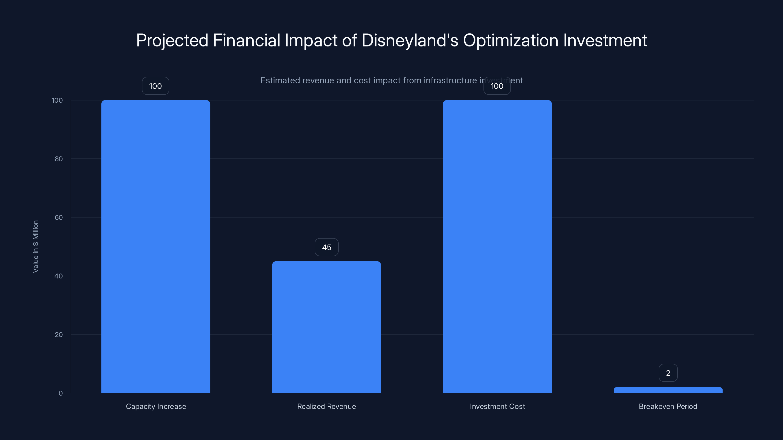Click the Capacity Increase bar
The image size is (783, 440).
point(156,246)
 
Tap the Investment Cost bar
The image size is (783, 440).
point(497,246)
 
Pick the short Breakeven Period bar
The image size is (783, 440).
point(668,390)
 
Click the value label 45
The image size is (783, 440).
point(326,247)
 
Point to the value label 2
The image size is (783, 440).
point(668,373)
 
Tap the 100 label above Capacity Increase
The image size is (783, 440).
point(155,86)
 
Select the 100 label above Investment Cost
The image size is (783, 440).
point(497,86)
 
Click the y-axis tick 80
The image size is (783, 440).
point(59,159)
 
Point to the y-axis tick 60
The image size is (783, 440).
point(59,217)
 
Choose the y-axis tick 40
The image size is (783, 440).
point(59,276)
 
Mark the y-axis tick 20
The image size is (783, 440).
point(59,335)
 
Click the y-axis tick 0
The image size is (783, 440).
point(60,393)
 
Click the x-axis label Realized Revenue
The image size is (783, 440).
point(326,406)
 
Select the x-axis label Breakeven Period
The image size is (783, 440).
point(668,406)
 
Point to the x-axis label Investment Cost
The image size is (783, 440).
point(497,406)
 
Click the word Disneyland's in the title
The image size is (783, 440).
point(410,40)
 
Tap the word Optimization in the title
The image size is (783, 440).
point(511,40)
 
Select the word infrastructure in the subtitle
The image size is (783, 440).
point(450,80)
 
